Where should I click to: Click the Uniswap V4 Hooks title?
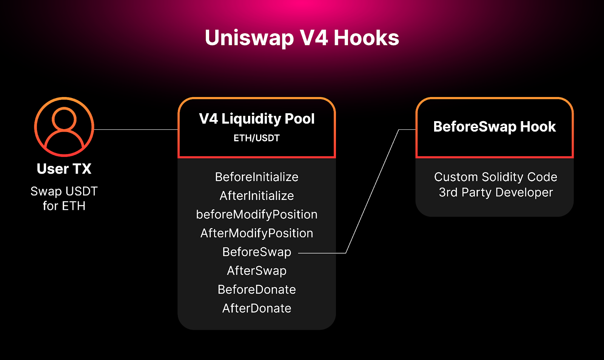pos(302,38)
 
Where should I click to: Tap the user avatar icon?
pos(64,127)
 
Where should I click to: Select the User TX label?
pos(64,169)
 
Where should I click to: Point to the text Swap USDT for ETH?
pos(64,198)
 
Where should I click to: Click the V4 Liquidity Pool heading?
pos(257,119)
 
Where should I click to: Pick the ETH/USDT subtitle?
pos(257,138)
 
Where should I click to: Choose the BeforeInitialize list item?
pos(257,177)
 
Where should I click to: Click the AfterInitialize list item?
pos(257,196)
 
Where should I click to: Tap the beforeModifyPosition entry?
pos(257,214)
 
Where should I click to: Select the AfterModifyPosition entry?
pos(257,233)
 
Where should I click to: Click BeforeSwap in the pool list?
pos(257,252)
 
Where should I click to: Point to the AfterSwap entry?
pos(257,271)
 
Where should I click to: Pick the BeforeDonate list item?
pos(257,289)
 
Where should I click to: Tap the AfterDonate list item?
pos(257,308)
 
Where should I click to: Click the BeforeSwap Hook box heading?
pos(495,127)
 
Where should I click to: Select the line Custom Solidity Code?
pos(495,177)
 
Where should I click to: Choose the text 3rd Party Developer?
pos(495,192)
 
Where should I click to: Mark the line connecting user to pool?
pos(136,129)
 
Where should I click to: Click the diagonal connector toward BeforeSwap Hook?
pos(372,191)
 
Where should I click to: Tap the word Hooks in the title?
pos(366,38)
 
